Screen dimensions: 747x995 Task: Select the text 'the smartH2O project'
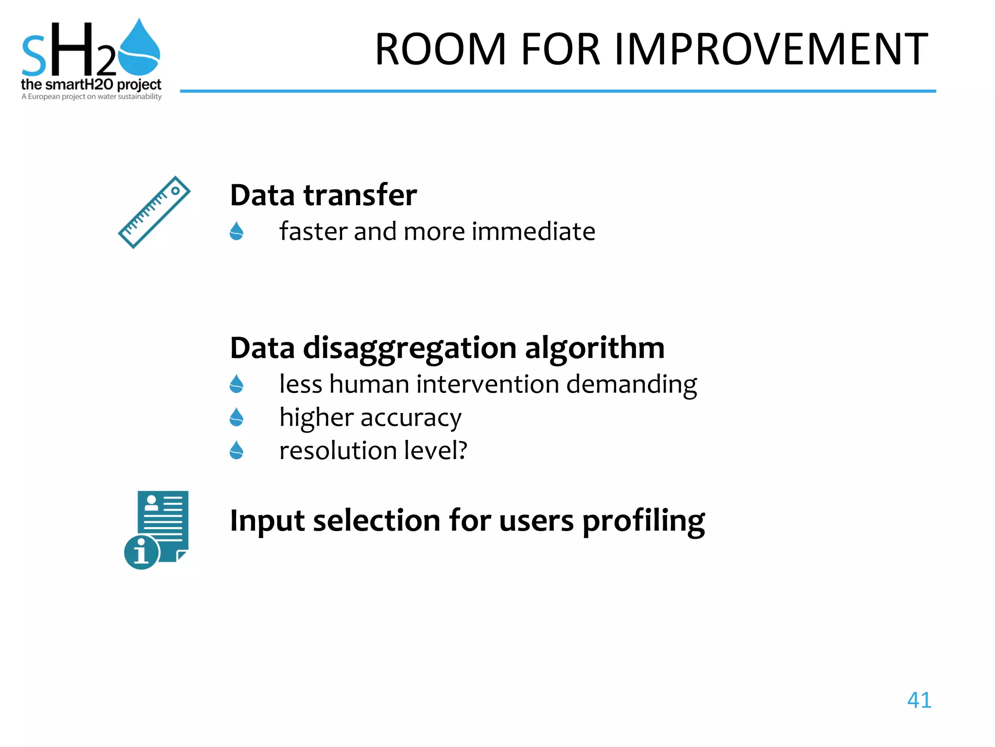(x=91, y=85)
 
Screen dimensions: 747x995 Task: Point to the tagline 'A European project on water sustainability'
(x=91, y=97)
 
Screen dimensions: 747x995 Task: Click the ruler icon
(x=154, y=212)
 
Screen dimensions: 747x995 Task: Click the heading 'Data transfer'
(x=323, y=195)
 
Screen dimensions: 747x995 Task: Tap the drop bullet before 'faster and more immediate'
(x=237, y=231)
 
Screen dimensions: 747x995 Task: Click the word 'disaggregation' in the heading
(x=410, y=348)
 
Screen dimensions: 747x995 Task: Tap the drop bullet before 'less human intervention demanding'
(x=237, y=384)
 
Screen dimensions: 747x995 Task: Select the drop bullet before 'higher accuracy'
(x=237, y=417)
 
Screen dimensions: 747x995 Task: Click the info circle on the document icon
(x=141, y=552)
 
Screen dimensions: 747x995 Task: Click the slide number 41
(x=919, y=700)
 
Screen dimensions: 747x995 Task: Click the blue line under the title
(x=557, y=91)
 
